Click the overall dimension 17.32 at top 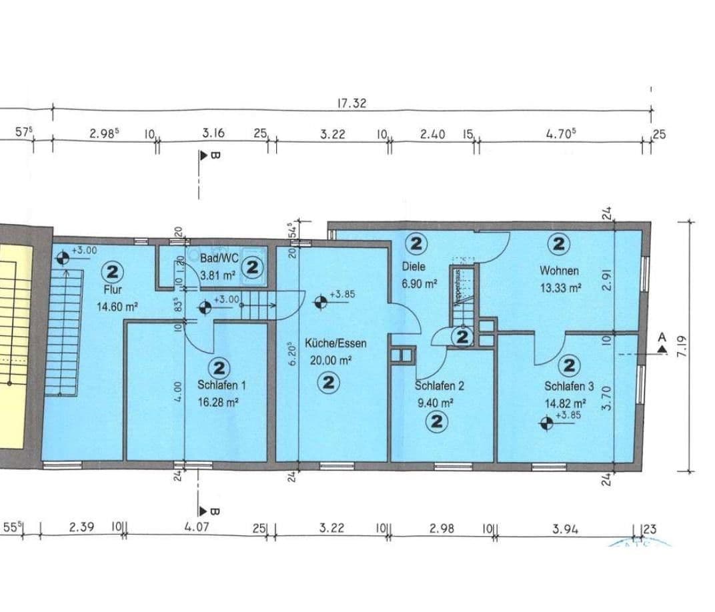click(352, 103)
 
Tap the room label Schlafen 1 click(222, 385)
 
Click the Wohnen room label click(559, 271)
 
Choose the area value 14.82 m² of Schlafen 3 click(565, 403)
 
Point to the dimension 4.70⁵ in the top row click(560, 133)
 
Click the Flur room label click(113, 289)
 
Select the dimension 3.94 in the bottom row click(565, 529)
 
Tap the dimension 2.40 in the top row click(432, 134)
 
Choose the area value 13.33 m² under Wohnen click(560, 288)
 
